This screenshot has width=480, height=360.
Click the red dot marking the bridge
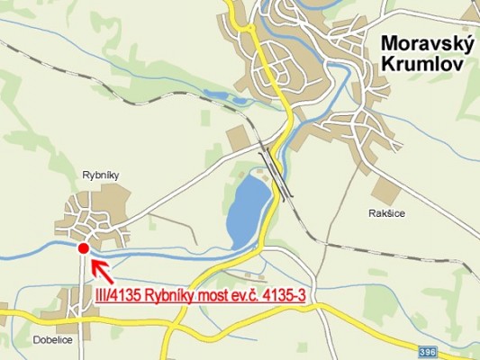pos(83,248)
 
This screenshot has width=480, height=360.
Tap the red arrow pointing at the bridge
pos(101,268)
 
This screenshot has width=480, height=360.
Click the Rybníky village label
pos(101,175)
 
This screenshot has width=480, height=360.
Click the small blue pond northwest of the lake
pos(219,94)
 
